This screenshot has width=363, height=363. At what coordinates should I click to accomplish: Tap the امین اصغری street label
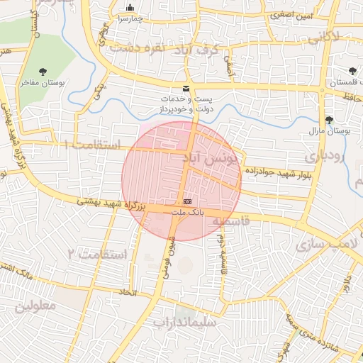288,14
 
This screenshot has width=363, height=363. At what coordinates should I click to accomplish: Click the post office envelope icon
186,88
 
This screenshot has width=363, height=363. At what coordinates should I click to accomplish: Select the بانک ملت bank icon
187,202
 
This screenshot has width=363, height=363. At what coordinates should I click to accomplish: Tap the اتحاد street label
126,291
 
